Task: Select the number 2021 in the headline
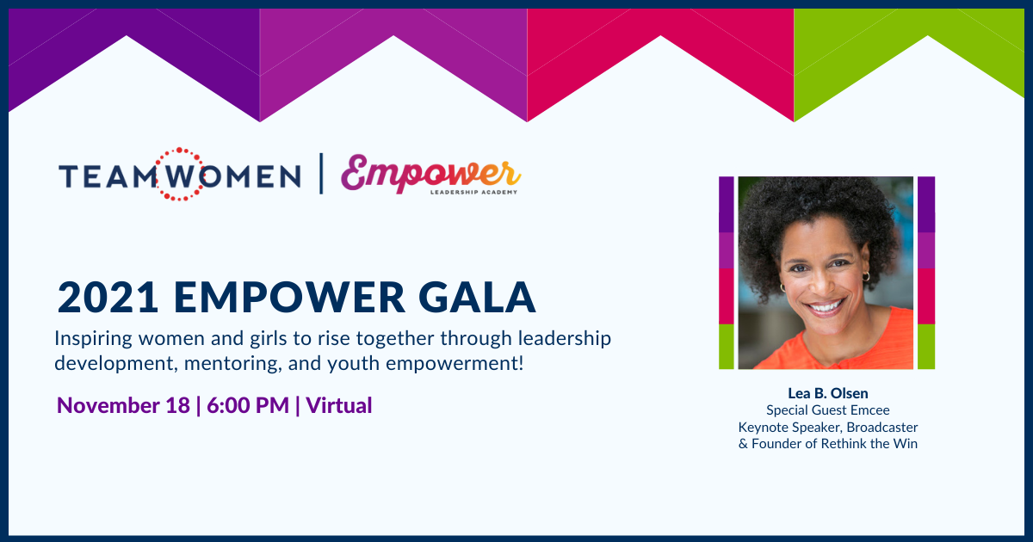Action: point(108,298)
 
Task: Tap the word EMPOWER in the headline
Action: point(289,298)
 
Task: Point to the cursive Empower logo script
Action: point(430,173)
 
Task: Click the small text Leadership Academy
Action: point(473,192)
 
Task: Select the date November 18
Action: point(123,405)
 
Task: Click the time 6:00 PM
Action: point(248,405)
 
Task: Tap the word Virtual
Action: point(339,405)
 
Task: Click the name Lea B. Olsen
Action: point(828,393)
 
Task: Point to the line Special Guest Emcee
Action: point(828,410)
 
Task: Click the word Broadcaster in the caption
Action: point(882,428)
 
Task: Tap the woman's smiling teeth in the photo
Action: point(826,306)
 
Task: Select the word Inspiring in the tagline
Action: point(94,339)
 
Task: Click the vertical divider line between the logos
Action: point(321,174)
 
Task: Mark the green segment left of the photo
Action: point(727,347)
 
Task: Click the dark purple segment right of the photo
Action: point(926,204)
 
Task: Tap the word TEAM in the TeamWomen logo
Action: point(107,177)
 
